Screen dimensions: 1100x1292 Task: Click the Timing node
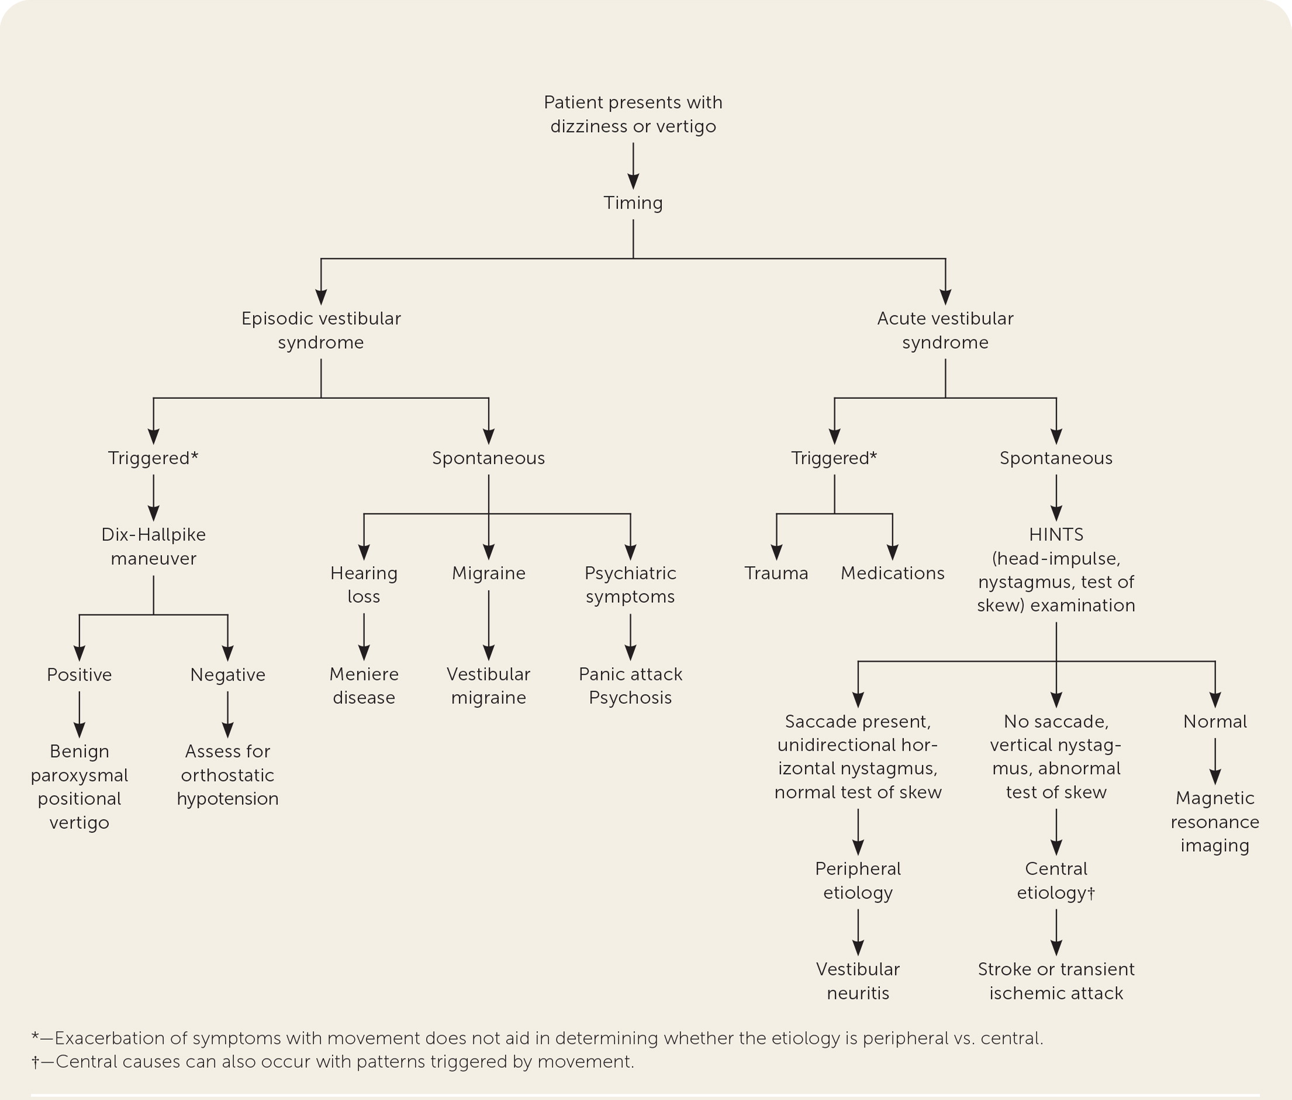[633, 203]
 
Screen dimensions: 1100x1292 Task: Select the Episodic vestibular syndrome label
[321, 330]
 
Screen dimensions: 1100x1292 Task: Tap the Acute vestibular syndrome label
[945, 330]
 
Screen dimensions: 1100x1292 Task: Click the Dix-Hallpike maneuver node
[153, 547]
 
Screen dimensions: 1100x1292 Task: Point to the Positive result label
[79, 675]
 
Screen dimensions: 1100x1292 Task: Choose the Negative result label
[227, 675]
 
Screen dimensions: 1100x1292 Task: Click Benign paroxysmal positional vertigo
[79, 786]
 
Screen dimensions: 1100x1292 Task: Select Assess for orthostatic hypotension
[227, 775]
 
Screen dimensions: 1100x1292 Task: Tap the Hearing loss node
[364, 585]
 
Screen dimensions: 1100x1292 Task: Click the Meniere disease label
[364, 686]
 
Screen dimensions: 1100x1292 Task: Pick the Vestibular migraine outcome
[488, 686]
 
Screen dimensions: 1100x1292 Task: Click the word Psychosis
[630, 698]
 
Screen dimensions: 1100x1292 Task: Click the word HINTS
[1056, 535]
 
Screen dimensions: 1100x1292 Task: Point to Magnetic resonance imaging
[1215, 821]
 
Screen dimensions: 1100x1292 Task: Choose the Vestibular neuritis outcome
[858, 981]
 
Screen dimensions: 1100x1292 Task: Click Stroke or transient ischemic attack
[1056, 981]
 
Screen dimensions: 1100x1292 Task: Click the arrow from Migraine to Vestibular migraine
[488, 624]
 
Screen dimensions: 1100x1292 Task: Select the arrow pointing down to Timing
[633, 165]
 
